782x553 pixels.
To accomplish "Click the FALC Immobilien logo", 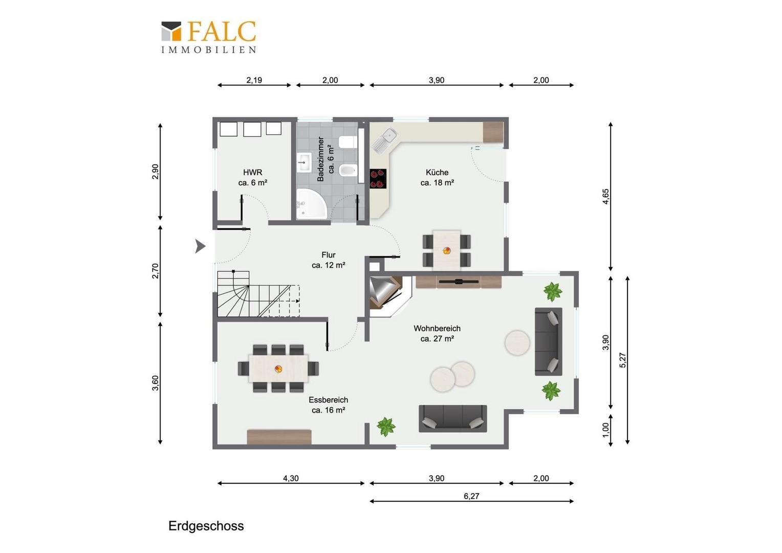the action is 209,37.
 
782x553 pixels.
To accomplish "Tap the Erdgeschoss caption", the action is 206,526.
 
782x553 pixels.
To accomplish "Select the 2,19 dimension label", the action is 254,80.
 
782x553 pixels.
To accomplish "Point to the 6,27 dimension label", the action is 471,496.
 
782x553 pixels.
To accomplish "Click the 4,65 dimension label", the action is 606,196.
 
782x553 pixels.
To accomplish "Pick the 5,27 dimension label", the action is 622,360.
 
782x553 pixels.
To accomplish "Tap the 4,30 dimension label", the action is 291,478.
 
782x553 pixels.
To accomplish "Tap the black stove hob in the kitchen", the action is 378,179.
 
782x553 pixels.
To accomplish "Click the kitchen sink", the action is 384,140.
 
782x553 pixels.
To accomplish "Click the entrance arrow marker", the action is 200,246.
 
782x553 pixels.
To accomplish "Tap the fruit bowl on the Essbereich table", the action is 278,369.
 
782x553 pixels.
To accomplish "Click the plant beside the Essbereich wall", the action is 386,427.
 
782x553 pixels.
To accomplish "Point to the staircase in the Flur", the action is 258,294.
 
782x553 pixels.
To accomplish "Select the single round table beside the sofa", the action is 517,343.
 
